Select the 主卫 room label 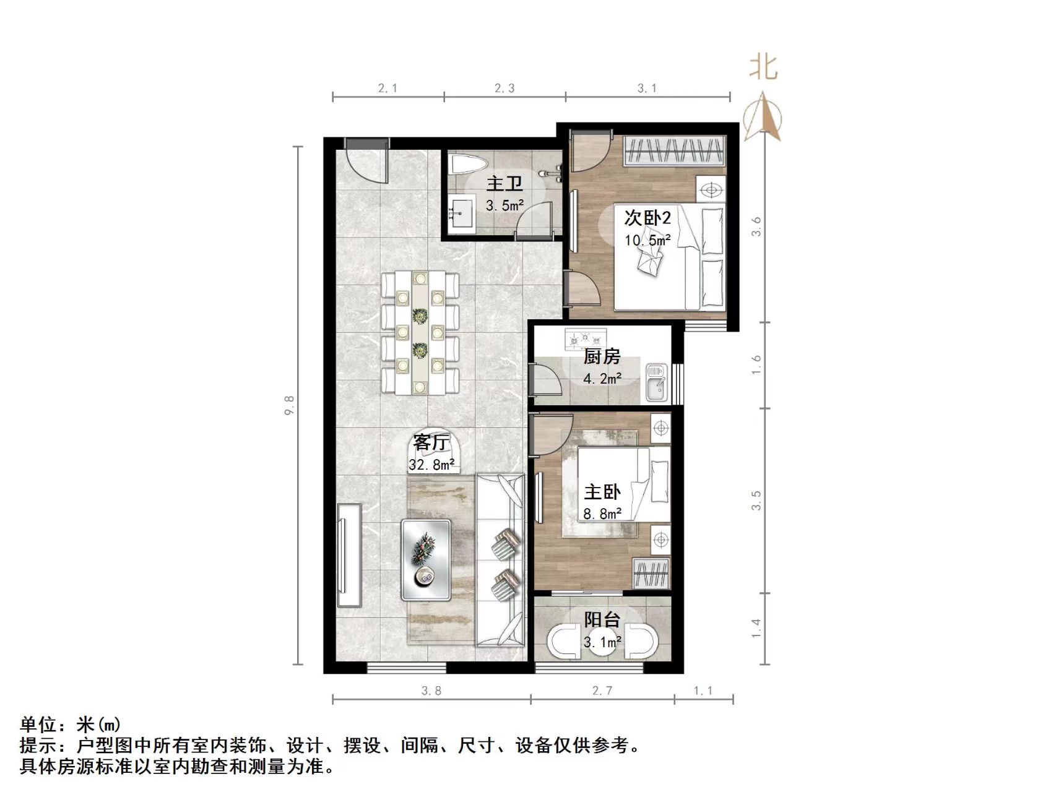coord(504,184)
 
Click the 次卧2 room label coord(647,218)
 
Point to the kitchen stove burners coord(585,339)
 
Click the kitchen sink coord(656,382)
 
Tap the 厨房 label coord(602,357)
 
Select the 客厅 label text coord(431,442)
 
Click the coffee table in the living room coord(426,559)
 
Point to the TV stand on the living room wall coord(349,555)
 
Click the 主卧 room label coord(602,493)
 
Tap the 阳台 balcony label coord(602,619)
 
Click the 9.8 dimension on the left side coord(290,405)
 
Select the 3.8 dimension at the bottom coord(431,691)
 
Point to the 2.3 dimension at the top coord(504,88)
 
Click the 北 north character coord(763,66)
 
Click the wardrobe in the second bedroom coord(674,150)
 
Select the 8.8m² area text coord(602,514)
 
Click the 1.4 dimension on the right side coord(756,629)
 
